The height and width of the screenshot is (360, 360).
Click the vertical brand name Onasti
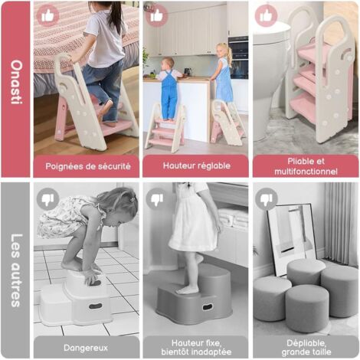17,82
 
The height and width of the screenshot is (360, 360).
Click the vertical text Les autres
17,270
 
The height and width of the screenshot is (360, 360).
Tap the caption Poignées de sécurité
88,166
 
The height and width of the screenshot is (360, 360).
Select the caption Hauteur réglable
197,165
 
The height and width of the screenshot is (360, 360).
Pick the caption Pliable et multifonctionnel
306,166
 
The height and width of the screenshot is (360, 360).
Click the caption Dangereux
86,348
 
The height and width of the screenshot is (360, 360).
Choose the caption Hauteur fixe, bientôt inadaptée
196,347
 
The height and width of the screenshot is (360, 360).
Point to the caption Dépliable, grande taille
306,347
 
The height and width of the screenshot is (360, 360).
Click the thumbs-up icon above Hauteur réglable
157,15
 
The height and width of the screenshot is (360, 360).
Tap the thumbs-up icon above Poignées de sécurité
47,15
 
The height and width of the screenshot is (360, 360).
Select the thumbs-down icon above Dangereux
47,199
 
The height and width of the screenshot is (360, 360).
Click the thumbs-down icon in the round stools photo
267,199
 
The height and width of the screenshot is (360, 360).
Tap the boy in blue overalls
168,89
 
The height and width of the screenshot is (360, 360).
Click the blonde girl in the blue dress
223,74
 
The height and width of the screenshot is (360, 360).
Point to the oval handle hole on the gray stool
208,307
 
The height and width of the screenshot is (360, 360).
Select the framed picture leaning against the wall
292,239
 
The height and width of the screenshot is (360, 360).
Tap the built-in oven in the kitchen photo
238,57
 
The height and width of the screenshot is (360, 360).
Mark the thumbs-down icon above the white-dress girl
157,199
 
